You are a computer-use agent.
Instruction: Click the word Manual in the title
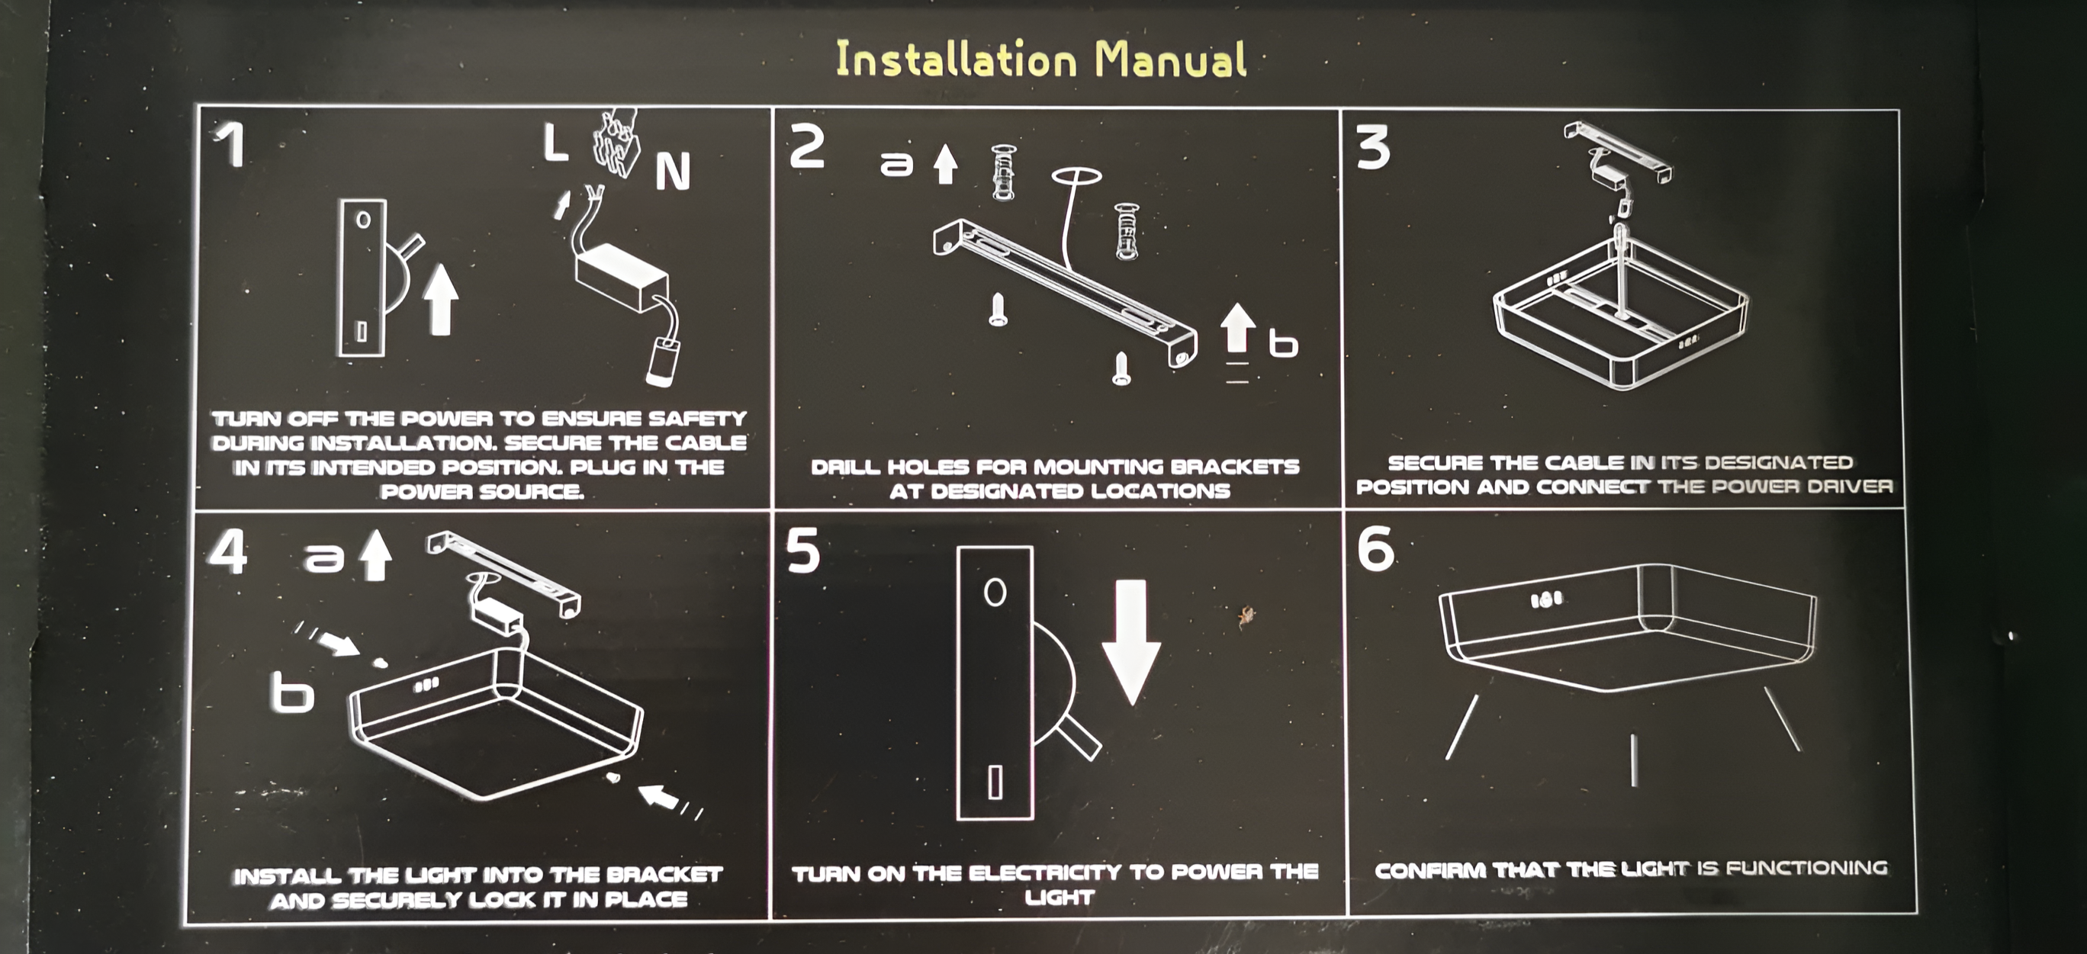point(1171,60)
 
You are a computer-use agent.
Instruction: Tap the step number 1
point(231,146)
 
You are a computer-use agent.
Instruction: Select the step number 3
point(1374,148)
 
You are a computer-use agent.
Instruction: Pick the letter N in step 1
point(673,171)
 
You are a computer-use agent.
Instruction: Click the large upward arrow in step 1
point(441,299)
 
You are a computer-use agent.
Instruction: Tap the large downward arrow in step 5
point(1131,641)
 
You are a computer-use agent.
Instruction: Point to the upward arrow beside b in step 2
point(1237,327)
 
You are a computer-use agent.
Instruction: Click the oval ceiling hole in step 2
point(1077,175)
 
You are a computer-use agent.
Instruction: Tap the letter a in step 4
point(324,557)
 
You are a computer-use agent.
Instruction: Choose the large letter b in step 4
point(291,695)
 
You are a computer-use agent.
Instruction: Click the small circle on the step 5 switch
point(995,592)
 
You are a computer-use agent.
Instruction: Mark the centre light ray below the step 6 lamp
point(1632,760)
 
